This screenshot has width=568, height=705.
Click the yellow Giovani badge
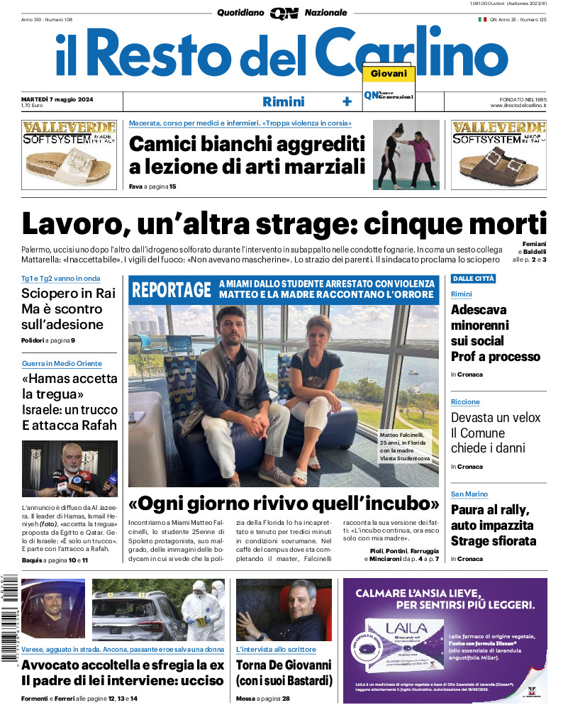[x=389, y=74]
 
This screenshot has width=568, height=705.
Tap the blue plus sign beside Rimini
[x=347, y=101]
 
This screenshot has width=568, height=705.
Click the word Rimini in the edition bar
[x=283, y=101]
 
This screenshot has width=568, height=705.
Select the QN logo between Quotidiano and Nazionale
[x=284, y=13]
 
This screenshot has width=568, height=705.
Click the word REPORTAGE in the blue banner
[x=172, y=289]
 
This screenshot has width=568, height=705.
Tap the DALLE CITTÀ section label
[x=473, y=279]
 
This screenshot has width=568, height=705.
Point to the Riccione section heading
[x=465, y=402]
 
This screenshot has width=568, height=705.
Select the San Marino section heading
[x=469, y=494]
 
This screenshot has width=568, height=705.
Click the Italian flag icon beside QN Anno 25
[x=482, y=20]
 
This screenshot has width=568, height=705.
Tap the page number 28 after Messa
[x=286, y=699]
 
